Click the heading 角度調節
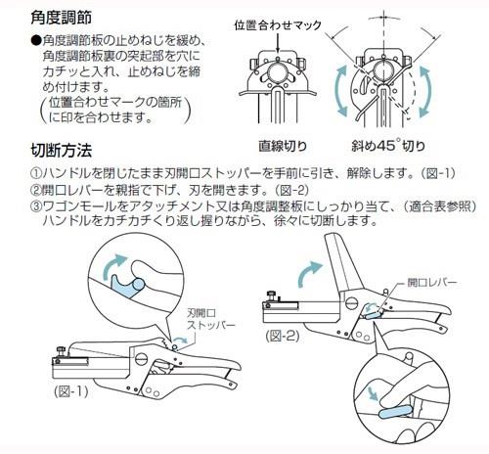(61, 18)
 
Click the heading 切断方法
(61, 151)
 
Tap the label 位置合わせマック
(278, 25)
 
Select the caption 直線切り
(283, 146)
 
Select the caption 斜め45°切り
(388, 146)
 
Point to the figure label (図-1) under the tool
(71, 391)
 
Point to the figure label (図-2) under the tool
(283, 336)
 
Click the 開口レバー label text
(432, 283)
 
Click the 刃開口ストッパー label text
(210, 319)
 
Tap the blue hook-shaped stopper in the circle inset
(127, 287)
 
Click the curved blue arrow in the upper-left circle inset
(112, 265)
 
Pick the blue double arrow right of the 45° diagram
(424, 91)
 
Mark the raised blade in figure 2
(342, 261)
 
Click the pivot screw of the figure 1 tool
(142, 358)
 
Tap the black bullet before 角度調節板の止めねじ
(36, 40)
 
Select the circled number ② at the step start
(35, 189)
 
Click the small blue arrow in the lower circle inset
(373, 393)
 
